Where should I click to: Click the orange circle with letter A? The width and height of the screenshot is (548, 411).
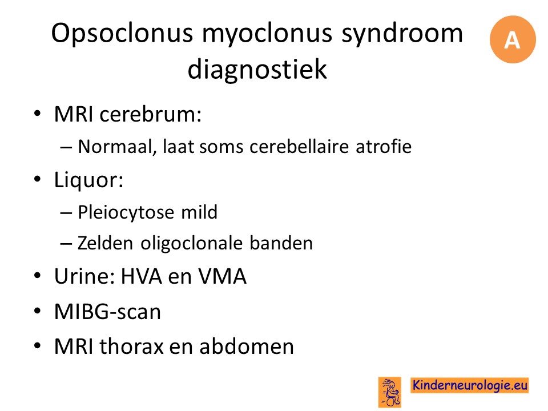click(x=513, y=39)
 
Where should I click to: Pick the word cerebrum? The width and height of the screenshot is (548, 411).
click(x=151, y=114)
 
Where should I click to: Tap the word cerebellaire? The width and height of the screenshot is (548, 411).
click(x=299, y=146)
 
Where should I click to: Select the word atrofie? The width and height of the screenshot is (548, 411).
click(x=384, y=146)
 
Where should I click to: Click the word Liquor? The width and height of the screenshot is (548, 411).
click(x=88, y=181)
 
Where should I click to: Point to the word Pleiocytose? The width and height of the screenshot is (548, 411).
click(x=126, y=213)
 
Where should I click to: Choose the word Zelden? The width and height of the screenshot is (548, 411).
click(x=106, y=243)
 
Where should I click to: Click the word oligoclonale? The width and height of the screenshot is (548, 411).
click(x=192, y=244)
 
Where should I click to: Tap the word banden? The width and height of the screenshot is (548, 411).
click(x=281, y=243)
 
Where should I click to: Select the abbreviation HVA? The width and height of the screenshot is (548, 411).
click(x=141, y=276)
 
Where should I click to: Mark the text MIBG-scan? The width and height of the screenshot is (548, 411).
click(x=108, y=312)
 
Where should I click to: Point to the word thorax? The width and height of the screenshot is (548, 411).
click(x=132, y=346)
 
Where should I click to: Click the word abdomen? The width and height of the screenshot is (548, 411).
click(x=247, y=346)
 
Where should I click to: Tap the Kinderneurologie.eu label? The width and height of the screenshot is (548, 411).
click(x=470, y=385)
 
